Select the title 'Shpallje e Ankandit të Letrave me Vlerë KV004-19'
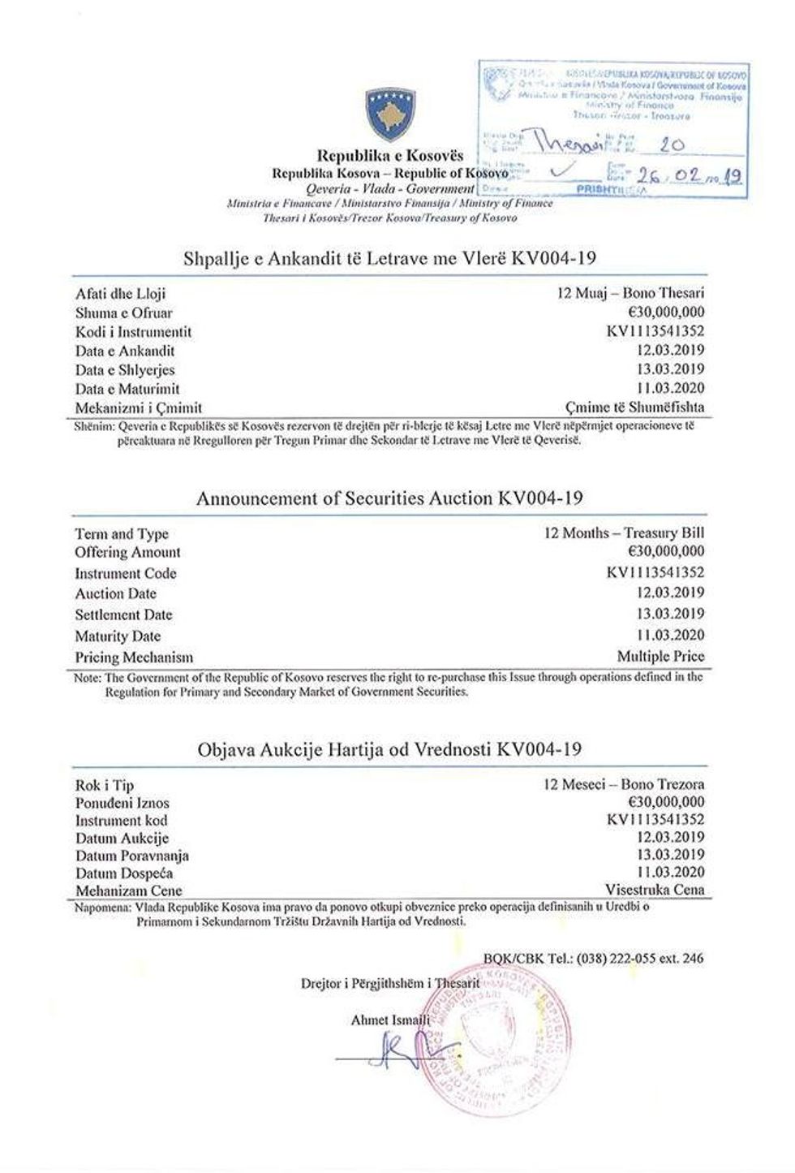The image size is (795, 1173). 389,259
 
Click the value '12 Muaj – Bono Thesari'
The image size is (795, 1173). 630,293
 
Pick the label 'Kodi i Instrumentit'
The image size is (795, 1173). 133,332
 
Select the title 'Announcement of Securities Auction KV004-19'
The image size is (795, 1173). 389,498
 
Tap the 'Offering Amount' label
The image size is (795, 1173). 127,553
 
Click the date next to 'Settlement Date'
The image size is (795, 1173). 669,614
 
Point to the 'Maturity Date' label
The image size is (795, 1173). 118,636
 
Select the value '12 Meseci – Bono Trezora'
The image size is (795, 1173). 625,785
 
